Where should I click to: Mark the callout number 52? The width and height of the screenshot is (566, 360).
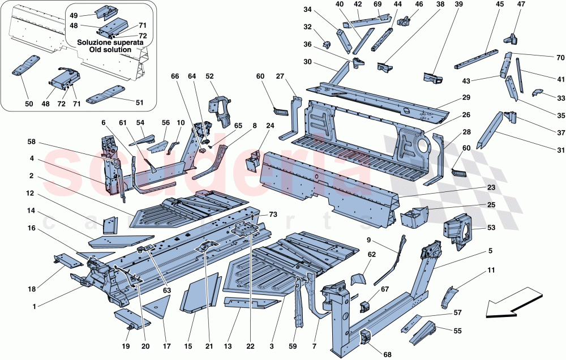click(209, 76)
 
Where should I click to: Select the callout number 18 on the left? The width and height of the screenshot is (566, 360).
click(31, 290)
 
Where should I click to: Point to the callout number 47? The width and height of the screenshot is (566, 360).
click(521, 5)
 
